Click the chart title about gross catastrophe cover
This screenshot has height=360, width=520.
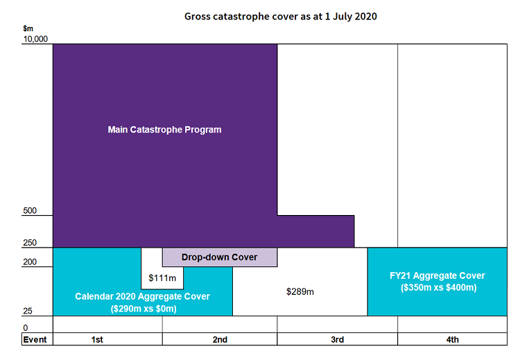281,16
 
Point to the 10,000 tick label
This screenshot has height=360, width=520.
35,40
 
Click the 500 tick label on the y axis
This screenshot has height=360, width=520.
30,211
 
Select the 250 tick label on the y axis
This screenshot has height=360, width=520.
30,243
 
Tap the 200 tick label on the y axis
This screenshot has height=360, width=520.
30,262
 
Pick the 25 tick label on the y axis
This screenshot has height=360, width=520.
28,311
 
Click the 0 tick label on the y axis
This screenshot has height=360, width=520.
26,327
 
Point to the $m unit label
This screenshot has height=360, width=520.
28,28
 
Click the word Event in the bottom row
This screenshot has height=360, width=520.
35,339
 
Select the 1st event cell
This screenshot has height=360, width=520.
97,339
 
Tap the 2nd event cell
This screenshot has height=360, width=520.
220,339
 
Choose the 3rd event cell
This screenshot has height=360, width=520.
337,339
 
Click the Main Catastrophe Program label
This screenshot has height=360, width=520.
164,130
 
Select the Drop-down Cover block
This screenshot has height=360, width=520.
219,257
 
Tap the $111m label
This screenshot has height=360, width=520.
162,278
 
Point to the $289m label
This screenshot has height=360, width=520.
300,291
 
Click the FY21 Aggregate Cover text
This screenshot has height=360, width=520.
437,275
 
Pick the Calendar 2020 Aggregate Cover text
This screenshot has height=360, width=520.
142,297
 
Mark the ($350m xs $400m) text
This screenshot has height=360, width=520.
437,287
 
